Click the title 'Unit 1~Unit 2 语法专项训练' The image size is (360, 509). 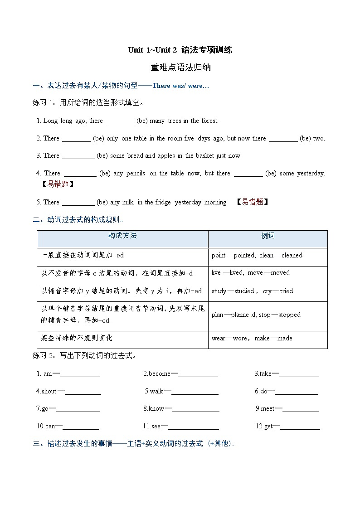(180, 50)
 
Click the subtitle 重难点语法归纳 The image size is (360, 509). (180, 68)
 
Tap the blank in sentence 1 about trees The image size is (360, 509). (120, 121)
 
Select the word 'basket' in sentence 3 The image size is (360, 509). (205, 155)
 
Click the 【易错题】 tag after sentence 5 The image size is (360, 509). (252, 202)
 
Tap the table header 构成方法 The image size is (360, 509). (122, 236)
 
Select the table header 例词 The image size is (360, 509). (268, 236)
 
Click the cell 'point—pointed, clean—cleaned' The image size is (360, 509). (257, 255)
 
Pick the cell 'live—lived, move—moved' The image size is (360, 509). (250, 272)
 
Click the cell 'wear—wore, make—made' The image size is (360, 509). (252, 338)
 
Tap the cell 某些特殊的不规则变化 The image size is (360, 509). (77, 338)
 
